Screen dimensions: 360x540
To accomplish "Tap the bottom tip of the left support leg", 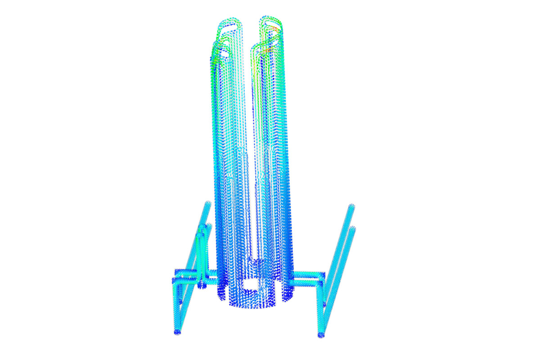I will click(176, 332).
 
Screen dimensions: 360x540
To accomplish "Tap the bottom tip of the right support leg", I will click(320, 335).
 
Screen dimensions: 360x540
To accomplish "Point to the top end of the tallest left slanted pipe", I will click(208, 203).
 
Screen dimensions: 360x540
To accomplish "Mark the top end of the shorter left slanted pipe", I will click(209, 225).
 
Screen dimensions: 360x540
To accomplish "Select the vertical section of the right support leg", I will click(323, 310).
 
